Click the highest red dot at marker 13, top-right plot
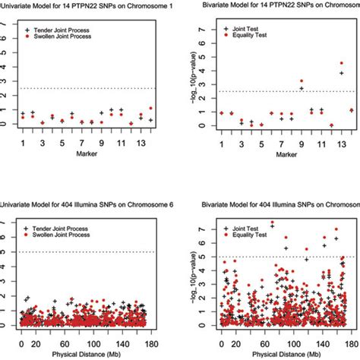point(341,63)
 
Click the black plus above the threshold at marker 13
point(341,73)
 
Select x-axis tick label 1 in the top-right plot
point(221,144)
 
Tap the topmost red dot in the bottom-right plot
point(272,223)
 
